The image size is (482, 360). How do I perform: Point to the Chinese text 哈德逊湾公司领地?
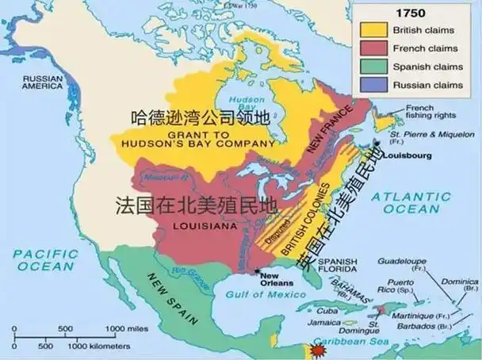coord(201,120)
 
